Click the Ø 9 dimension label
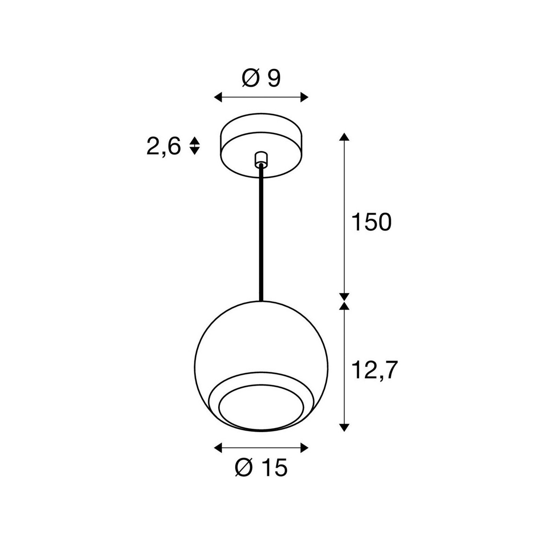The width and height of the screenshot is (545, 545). pos(261,79)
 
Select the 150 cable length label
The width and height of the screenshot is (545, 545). pos(371,222)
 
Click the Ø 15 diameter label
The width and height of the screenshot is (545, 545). pos(261,468)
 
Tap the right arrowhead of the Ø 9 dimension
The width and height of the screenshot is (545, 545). pos(304,97)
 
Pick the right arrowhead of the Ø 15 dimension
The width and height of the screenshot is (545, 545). pos(304,448)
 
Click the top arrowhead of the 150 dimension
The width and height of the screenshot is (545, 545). pos(345,137)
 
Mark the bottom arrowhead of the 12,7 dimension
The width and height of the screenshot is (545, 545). pos(345,427)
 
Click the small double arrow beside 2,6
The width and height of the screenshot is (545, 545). pos(194,146)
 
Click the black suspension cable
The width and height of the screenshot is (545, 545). pos(261,232)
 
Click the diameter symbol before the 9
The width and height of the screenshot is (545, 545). pos(250,79)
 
